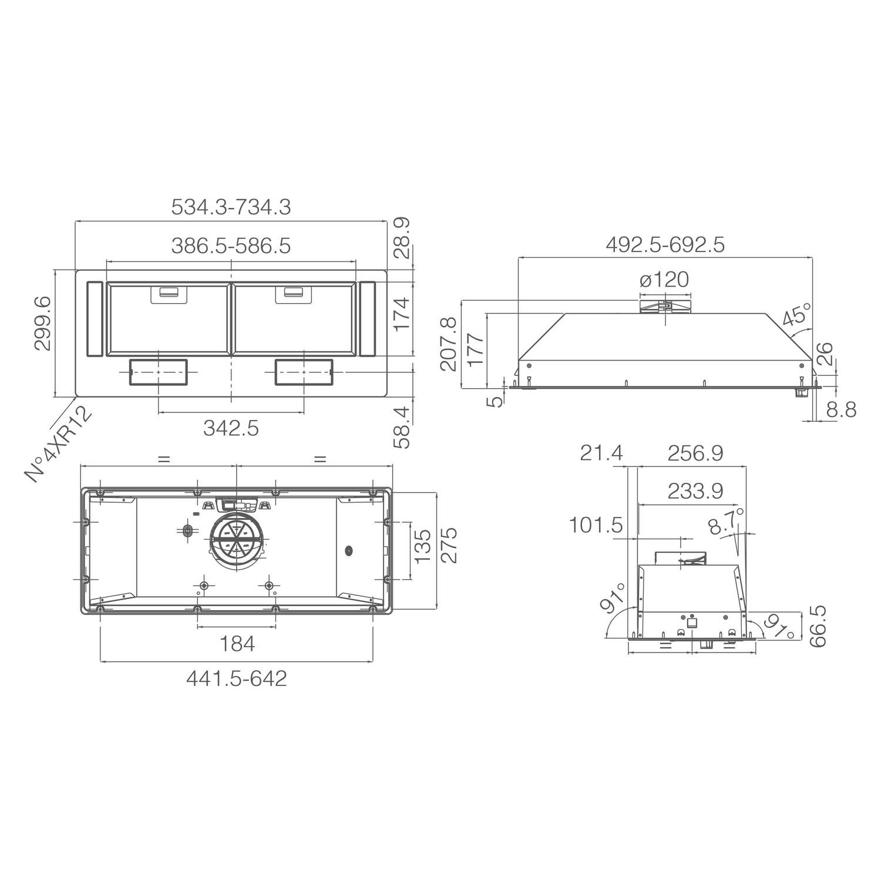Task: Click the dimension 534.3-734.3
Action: click(x=231, y=207)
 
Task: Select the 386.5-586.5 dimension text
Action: click(x=231, y=246)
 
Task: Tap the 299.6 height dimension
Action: click(x=42, y=324)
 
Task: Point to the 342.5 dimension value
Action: click(x=231, y=429)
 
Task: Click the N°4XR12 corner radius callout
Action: click(x=60, y=444)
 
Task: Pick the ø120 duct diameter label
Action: click(x=664, y=280)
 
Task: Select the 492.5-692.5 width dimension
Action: click(x=665, y=245)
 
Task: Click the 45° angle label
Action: click(x=796, y=315)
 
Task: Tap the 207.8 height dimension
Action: click(x=449, y=344)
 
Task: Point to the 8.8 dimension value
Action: click(x=841, y=409)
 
